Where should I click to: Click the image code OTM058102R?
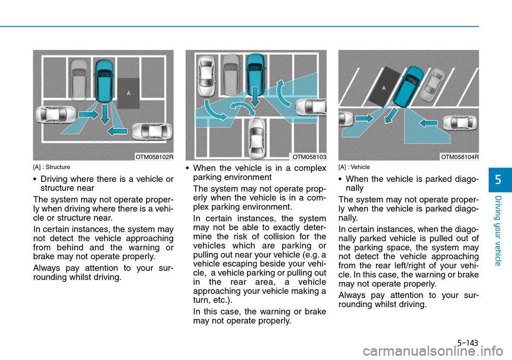coord(154,157)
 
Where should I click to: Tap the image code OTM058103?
coord(309,157)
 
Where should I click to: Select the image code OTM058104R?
coord(460,157)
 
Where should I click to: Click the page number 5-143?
coord(468,343)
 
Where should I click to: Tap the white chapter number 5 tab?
coord(498,180)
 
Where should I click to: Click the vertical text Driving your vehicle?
coord(498,230)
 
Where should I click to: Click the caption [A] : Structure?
coord(52,167)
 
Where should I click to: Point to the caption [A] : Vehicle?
coord(354,167)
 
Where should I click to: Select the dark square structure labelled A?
coord(129,93)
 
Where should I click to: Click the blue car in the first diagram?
coord(104,81)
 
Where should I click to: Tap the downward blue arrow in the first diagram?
coord(105,114)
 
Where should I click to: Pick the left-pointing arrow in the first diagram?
coord(117,131)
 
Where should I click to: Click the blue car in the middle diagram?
coord(255,75)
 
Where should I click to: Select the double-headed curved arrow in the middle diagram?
coord(242,108)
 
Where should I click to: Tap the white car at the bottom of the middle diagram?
coord(257,138)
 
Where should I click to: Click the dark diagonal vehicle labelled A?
coord(385,87)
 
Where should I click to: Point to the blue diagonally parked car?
coord(407,86)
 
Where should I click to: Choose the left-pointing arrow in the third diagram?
coord(428,123)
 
